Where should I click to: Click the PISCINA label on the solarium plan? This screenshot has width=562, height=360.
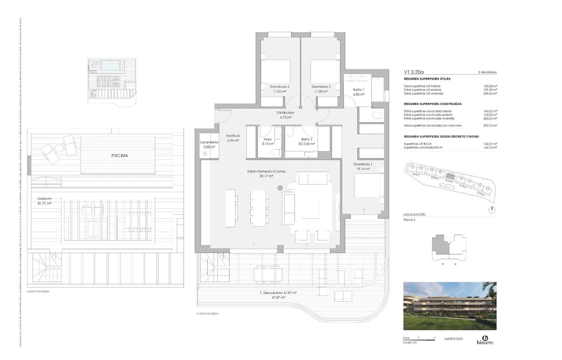coord(119,155)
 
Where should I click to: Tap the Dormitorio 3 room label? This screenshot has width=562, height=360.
coord(280,87)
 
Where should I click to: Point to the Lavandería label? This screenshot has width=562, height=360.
coord(209,142)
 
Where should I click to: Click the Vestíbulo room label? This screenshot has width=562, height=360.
coord(233,136)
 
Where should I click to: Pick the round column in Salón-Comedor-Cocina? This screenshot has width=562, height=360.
coord(280,188)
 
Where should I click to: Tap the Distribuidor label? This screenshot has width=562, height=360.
coord(285,113)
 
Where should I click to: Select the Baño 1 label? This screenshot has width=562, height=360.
coord(359,90)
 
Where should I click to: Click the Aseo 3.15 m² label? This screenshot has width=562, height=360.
coord(267,142)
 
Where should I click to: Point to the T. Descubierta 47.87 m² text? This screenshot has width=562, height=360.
coord(278,293)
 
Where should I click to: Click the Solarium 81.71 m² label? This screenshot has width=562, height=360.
coord(44,201)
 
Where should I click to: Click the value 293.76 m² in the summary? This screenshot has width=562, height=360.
coord(490,125)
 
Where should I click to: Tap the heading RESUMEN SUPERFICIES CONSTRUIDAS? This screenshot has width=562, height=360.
coord(432,104)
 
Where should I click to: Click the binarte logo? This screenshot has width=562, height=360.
coord(485,340)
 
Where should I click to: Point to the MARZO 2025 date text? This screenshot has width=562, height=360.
coord(453,339)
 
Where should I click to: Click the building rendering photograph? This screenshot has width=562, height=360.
coord(450,306)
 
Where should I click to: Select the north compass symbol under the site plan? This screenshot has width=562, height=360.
coord(492,210)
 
